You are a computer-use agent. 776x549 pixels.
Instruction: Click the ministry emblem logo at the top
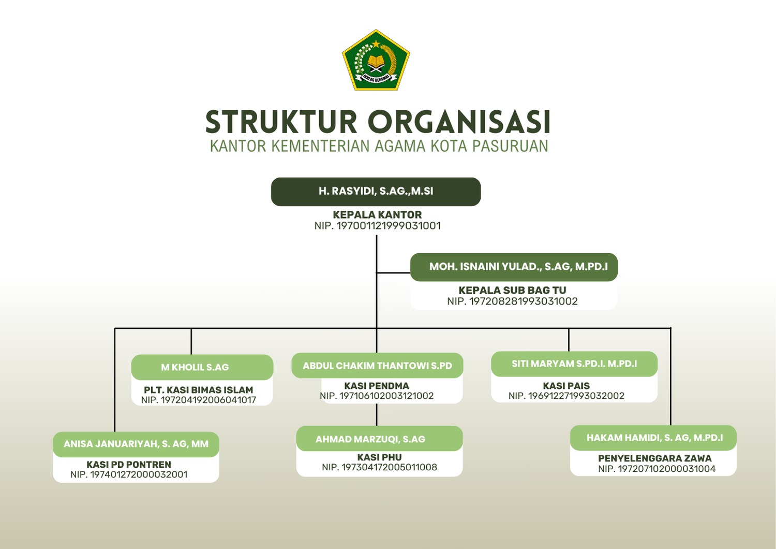[x=376, y=61]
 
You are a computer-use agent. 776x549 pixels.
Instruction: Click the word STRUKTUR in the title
[x=281, y=122]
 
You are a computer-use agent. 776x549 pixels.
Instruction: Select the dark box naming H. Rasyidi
[x=376, y=192]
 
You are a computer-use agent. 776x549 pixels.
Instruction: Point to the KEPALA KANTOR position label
[x=377, y=214]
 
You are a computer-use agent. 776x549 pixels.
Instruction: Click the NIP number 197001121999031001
[x=378, y=226]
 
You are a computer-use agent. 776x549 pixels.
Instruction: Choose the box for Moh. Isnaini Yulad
[x=514, y=267]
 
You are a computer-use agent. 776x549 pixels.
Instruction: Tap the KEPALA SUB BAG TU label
[x=512, y=290]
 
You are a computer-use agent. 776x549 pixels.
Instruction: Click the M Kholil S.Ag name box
[x=202, y=367]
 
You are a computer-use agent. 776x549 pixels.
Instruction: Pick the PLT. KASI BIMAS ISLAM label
[x=199, y=389]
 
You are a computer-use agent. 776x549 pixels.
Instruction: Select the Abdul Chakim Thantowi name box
[x=377, y=366]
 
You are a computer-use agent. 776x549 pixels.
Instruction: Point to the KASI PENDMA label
[x=377, y=386]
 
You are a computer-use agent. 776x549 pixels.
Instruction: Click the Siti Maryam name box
[x=574, y=364]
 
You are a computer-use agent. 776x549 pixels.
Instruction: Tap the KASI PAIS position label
[x=566, y=386]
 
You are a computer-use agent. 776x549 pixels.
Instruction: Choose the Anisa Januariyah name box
[x=136, y=444]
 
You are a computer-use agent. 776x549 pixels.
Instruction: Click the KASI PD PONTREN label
[x=129, y=465]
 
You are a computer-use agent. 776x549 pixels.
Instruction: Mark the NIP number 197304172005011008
[x=379, y=467]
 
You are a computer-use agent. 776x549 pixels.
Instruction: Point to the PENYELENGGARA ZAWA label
[x=655, y=458]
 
